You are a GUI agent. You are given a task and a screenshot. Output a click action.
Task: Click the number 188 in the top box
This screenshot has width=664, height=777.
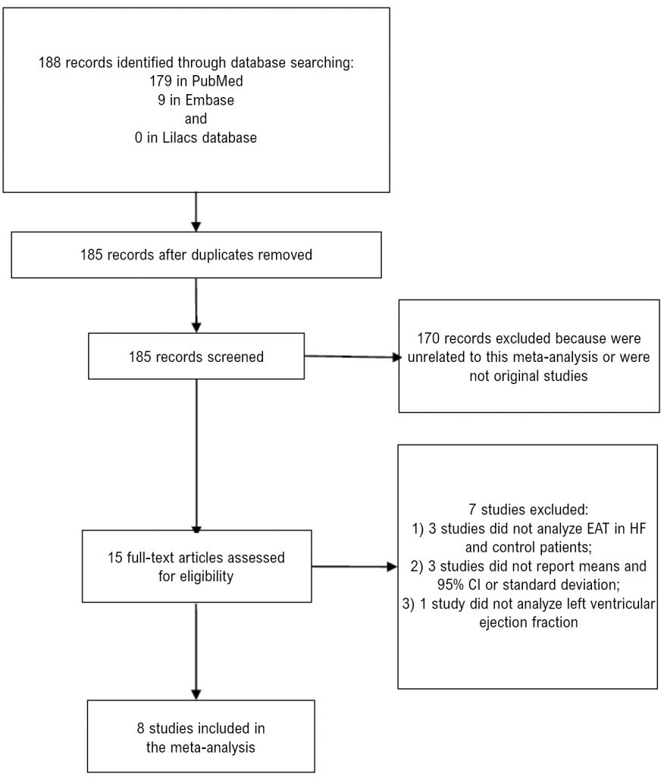click(x=49, y=63)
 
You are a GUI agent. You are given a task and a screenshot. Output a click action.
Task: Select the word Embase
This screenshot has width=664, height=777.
click(x=209, y=100)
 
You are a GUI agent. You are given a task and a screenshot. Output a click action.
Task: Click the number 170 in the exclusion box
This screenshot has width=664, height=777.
click(x=428, y=338)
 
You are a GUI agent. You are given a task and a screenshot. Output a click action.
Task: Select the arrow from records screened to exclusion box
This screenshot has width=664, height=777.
click(x=352, y=357)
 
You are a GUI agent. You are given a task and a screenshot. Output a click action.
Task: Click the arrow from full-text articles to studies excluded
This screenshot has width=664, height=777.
click(x=354, y=566)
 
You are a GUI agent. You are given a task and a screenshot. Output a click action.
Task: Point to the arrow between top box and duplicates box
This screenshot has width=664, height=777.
click(x=196, y=212)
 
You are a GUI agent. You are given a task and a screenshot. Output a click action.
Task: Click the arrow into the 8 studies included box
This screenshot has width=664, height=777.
click(x=196, y=651)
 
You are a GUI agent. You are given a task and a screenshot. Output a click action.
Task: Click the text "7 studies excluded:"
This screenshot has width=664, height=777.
click(x=528, y=509)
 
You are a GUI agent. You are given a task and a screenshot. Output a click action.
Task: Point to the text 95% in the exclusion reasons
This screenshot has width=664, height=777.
click(x=450, y=585)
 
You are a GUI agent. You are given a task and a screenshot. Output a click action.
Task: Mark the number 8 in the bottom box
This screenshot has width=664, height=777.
click(x=141, y=728)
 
